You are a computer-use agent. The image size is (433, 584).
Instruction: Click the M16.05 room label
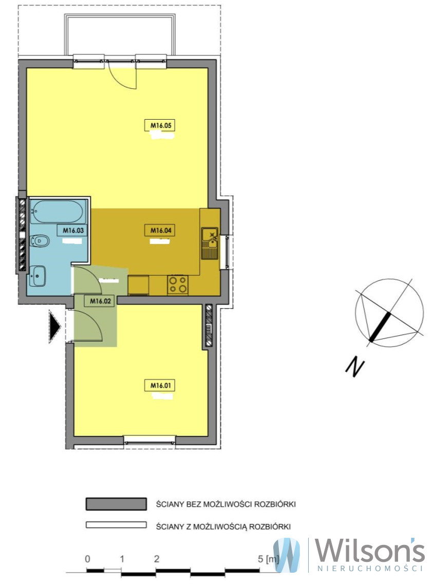(161, 125)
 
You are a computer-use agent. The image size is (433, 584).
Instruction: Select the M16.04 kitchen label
(161, 230)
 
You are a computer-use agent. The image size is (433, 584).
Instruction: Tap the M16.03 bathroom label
(73, 230)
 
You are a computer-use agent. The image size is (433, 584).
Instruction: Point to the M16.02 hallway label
(101, 301)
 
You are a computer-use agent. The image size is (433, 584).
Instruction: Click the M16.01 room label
(161, 386)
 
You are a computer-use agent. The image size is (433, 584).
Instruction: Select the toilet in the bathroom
(40, 241)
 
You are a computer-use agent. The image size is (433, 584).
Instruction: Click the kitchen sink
(210, 243)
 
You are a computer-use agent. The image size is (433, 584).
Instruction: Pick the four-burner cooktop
(178, 285)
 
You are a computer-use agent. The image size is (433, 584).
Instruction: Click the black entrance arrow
(55, 326)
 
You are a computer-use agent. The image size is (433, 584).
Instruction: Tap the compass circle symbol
(389, 313)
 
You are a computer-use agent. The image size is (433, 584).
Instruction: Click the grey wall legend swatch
(116, 503)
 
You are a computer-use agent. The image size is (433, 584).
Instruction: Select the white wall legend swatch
(116, 525)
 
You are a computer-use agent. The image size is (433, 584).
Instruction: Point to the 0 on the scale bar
(87, 559)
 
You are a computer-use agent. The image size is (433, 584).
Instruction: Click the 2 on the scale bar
(156, 559)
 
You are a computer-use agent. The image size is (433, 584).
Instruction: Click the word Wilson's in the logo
(370, 551)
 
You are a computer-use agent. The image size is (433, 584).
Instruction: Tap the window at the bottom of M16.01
(149, 440)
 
